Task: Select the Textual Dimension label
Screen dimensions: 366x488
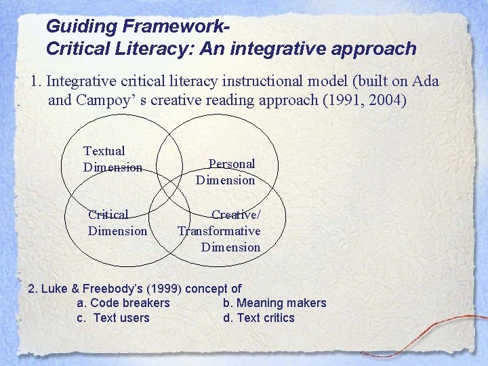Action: point(112,159)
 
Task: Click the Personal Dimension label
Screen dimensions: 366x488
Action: point(226,171)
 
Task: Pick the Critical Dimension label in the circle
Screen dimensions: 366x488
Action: point(117,222)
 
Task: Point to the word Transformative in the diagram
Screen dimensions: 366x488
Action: point(219,231)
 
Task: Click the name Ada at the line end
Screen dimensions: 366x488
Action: point(425,81)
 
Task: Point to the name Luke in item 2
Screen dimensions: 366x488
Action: point(54,288)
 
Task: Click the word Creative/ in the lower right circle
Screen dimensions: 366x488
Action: point(236,215)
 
